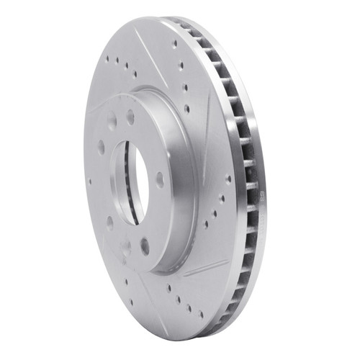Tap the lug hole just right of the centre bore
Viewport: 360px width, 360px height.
(x=160, y=179)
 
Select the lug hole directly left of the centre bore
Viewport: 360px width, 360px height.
(x=101, y=147)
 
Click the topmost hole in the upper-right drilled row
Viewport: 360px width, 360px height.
(x=174, y=44)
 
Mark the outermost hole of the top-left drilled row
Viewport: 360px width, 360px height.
(x=107, y=60)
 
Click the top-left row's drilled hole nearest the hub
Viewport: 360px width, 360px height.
(x=135, y=74)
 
